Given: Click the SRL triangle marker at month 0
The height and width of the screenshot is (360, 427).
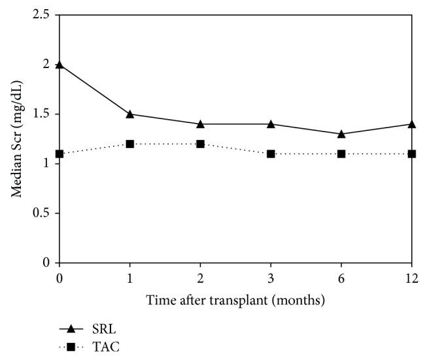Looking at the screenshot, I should click(x=60, y=64).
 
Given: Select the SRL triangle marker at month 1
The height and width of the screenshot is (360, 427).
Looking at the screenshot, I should click(x=130, y=114).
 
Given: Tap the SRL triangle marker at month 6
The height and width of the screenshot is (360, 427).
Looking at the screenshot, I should click(x=341, y=134).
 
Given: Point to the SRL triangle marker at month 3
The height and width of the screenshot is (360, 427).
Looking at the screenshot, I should click(x=271, y=124).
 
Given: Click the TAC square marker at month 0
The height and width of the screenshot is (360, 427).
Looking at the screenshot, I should click(x=60, y=154).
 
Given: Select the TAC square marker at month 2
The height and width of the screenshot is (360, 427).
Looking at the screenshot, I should click(x=200, y=144).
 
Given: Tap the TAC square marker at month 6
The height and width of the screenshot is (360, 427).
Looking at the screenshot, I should click(x=341, y=154).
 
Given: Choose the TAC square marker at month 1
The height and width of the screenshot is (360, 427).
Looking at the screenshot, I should click(x=130, y=144).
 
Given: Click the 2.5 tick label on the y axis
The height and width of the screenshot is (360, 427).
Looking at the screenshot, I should click(x=44, y=14).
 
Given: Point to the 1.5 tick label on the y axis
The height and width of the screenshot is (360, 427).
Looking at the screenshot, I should click(x=44, y=114).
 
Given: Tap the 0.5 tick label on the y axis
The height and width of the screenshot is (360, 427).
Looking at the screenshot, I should click(x=44, y=213).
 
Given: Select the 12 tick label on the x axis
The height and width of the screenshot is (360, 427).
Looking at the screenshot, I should click(x=411, y=276).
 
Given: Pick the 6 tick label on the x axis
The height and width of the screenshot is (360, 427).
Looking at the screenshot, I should click(x=341, y=276).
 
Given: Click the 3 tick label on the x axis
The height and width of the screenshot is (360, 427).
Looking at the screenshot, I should click(x=271, y=276).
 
